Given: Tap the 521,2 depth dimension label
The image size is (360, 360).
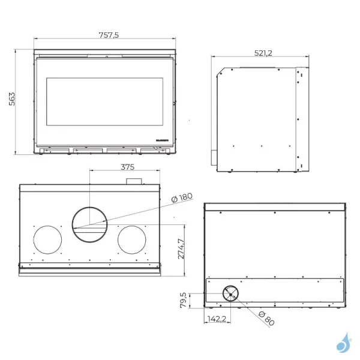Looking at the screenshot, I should point(263,53).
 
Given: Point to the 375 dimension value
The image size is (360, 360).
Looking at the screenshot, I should point(127,166).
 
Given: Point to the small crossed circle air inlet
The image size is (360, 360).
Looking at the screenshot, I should point(230,293).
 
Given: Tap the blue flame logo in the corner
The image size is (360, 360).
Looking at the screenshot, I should point(344,343).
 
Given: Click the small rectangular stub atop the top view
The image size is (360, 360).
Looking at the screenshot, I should point(133,181).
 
